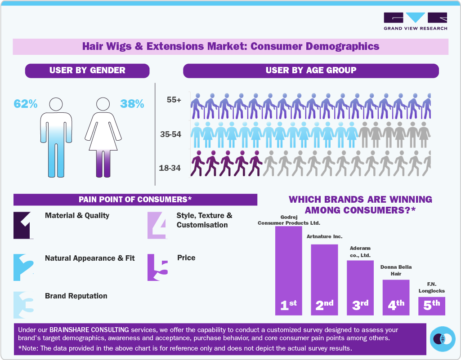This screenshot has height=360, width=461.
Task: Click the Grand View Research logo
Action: tap(415, 21)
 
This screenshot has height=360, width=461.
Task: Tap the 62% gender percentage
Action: tap(25, 104)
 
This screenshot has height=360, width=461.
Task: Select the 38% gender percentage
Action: tap(132, 104)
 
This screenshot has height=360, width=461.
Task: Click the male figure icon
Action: tap(56, 137)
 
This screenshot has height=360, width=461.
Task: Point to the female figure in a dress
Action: tap(103, 137)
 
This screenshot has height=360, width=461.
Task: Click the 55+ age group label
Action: tap(174, 100)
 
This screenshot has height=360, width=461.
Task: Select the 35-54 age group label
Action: tap(170, 134)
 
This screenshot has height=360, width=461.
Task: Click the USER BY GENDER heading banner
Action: tap(87, 71)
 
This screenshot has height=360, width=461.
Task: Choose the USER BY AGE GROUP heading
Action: tap(310, 71)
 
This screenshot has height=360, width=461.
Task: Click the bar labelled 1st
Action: tap(288, 270)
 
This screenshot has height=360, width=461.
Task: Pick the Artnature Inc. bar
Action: tap(324, 279)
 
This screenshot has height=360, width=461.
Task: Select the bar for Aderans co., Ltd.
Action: tap(360, 287)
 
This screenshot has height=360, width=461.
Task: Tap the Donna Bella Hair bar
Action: tap(396, 297)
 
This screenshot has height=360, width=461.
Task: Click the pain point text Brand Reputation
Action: tap(76, 296)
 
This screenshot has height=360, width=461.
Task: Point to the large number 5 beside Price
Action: tap(158, 268)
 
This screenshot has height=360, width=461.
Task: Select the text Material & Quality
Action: tap(77, 216)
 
